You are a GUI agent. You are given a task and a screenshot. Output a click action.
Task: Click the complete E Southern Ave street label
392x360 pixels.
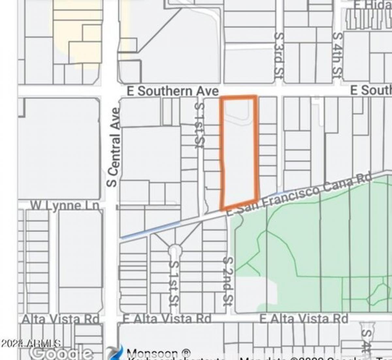pyautogui.click(x=172, y=91)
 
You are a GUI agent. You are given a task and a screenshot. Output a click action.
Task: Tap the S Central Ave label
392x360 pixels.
pyautogui.click(x=113, y=147)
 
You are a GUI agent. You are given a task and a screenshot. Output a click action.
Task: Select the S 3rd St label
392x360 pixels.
pyautogui.click(x=278, y=54)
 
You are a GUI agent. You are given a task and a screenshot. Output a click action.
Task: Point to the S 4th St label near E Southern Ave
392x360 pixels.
pyautogui.click(x=337, y=54)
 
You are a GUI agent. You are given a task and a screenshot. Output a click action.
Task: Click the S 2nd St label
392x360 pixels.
pyautogui.click(x=229, y=281)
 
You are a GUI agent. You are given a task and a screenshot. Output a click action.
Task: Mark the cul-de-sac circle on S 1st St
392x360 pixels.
pyautogui.click(x=175, y=251)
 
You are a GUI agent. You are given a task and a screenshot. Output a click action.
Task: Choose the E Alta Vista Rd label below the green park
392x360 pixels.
pyautogui.click(x=304, y=319)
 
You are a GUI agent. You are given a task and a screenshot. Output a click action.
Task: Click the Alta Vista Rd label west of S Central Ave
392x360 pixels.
pyautogui.click(x=60, y=319)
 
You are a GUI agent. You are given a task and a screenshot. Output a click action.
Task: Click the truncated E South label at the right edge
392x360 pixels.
pyautogui.click(x=371, y=90)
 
